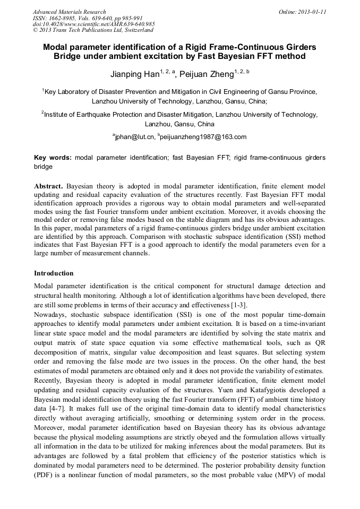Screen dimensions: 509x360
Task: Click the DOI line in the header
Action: (x=93, y=24)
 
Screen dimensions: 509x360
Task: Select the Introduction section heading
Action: (x=54, y=273)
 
